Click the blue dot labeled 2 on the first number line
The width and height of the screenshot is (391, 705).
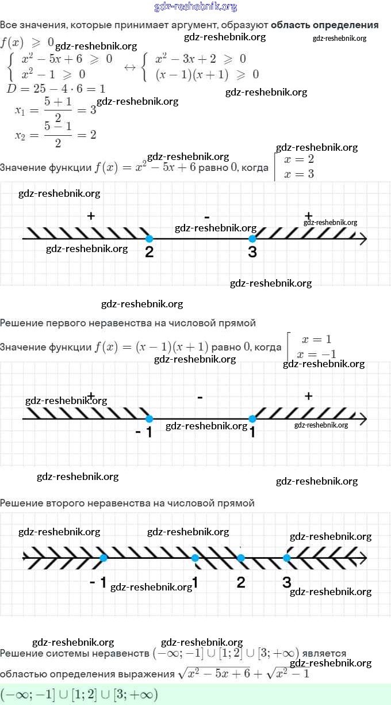click(x=149, y=238)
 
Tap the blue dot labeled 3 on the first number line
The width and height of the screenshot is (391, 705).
click(x=252, y=238)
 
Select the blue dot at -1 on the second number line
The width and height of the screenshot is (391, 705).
click(x=149, y=419)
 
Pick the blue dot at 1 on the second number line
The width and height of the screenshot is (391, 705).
click(x=252, y=419)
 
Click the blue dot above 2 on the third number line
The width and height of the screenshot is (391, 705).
click(x=241, y=558)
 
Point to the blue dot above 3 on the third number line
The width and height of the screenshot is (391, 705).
click(x=287, y=558)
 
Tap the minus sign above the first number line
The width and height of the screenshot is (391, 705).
click(x=206, y=216)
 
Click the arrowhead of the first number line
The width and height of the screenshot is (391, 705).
click(x=362, y=238)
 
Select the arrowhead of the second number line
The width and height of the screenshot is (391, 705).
click(x=362, y=419)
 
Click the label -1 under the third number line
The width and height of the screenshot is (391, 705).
click(x=98, y=582)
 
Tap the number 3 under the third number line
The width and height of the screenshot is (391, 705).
click(x=287, y=582)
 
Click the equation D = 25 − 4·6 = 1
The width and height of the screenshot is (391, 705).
click(x=55, y=89)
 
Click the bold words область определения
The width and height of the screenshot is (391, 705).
click(x=324, y=25)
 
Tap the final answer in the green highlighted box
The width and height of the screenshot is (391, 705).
click(x=79, y=694)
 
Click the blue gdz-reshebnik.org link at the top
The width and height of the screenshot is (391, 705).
click(x=195, y=7)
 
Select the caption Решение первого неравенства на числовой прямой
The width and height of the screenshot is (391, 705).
click(x=128, y=323)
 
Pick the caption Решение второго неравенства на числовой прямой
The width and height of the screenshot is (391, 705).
click(x=127, y=503)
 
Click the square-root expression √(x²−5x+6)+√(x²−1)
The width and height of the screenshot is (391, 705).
click(x=244, y=672)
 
